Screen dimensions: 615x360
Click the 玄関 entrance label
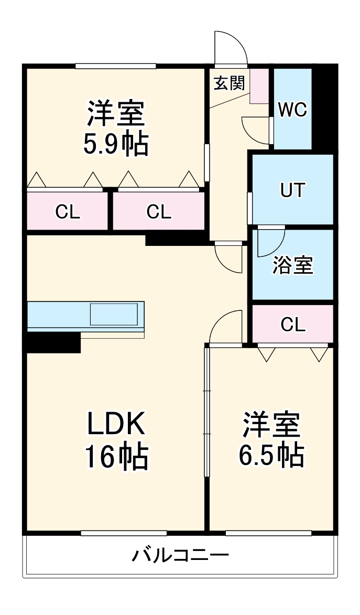point(229,83)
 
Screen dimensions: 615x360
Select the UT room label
point(292,190)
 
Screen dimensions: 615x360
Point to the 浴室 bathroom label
point(292,266)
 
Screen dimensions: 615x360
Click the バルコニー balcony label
point(180,555)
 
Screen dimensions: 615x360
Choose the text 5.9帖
point(116,144)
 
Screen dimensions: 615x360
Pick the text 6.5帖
point(271,455)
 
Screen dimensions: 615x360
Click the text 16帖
point(116,456)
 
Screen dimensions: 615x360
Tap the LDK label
point(116,425)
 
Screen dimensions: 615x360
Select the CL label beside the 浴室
point(292,325)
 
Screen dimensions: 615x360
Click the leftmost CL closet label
point(68,212)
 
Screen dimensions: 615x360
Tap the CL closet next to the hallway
point(159,212)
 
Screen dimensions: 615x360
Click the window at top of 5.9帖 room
point(116,66)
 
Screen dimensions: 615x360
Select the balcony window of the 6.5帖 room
point(268,533)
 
